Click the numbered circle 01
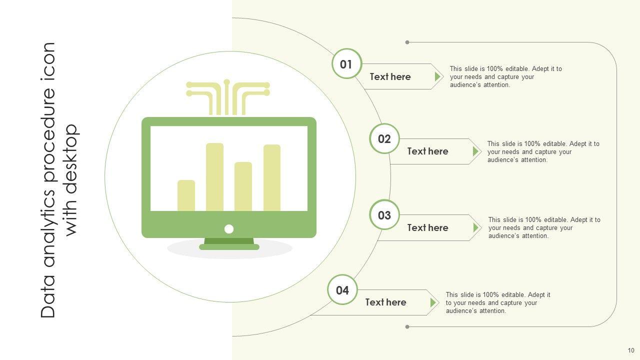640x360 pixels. pos(346,64)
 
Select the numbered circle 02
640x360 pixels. pos(384,138)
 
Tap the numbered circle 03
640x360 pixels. pos(384,215)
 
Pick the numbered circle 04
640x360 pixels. pos(342,290)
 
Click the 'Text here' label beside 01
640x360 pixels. pos(390,76)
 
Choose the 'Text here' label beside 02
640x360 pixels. pos(427,151)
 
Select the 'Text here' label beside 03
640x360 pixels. pos(427,227)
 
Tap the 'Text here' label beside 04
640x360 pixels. pos(385,302)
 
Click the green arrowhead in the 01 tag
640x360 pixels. pos(437,76)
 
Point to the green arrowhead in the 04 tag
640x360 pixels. pos(433,302)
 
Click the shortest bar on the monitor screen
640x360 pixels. pos(186,195)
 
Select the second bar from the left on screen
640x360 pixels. pos(214,177)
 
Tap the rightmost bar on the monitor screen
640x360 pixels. pos(272,177)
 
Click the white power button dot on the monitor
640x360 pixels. pos(229,229)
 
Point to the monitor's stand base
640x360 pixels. pos(229,246)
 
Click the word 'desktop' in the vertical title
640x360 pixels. pos(72,180)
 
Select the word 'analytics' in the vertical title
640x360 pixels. pos(49,228)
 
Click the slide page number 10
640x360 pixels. pos(631,350)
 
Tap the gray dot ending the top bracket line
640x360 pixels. pos(407,42)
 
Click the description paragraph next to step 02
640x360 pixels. pos(543,151)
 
